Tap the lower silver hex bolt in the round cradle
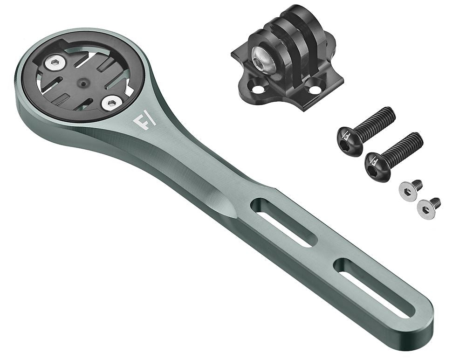pos(111,103)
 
